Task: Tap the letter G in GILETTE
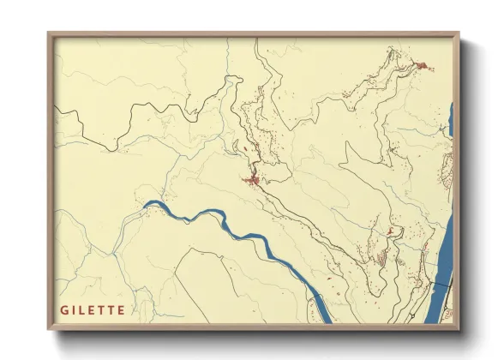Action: click(x=64, y=309)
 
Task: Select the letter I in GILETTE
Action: click(x=75, y=309)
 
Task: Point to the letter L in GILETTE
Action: click(x=83, y=309)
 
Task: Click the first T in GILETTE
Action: click(x=102, y=309)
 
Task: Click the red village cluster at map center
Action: click(x=253, y=180)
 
